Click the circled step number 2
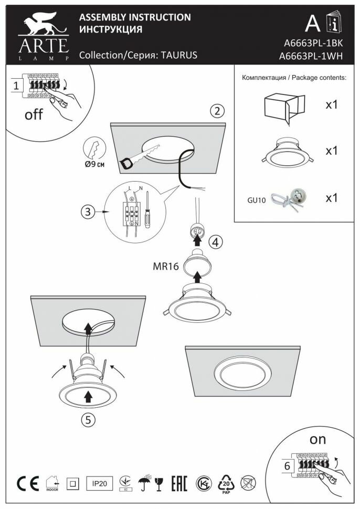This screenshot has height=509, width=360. tap(218, 111)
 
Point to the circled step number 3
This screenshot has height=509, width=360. tap(89, 213)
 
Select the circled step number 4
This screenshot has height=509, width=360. tap(215, 242)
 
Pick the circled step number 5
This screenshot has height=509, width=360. tap(88, 419)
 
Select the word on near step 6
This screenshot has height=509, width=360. tap(318, 439)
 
